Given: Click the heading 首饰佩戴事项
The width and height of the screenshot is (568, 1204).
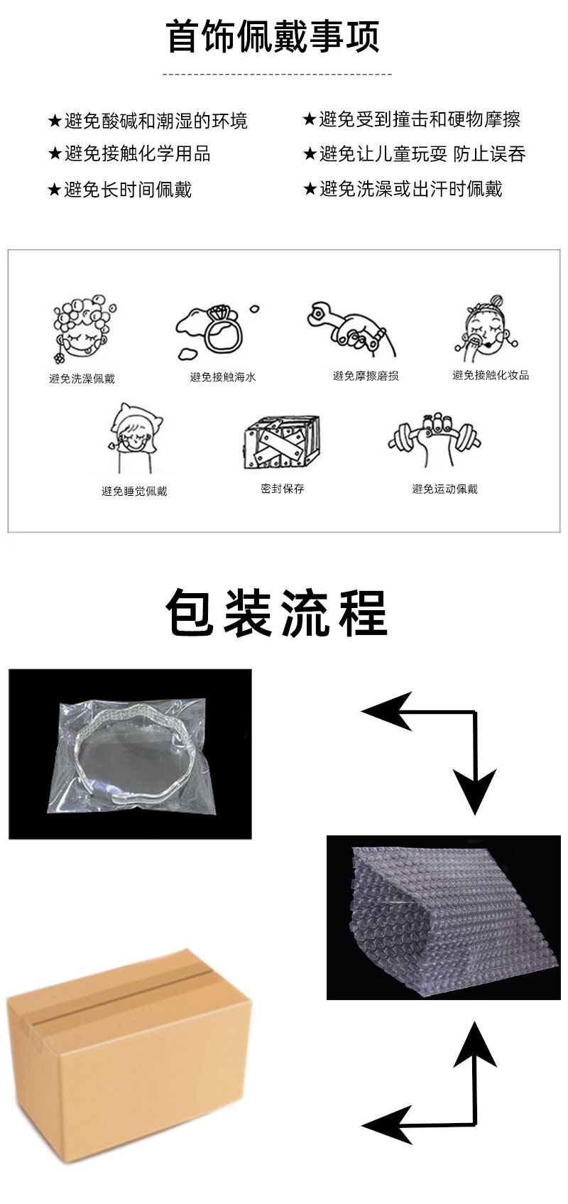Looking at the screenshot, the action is [273, 37].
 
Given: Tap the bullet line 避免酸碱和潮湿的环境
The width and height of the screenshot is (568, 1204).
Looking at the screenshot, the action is [148, 121].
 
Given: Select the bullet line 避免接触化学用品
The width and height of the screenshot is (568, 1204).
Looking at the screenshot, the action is [129, 154].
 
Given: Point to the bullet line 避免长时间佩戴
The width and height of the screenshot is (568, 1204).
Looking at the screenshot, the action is [119, 189].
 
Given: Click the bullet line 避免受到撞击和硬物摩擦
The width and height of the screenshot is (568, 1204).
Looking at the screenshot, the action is [412, 119].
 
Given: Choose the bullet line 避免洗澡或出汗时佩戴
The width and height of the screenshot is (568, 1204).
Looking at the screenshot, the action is [403, 189].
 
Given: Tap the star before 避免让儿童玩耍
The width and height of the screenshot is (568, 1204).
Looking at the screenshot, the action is [310, 154].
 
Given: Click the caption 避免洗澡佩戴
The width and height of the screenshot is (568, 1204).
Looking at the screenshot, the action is [82, 379].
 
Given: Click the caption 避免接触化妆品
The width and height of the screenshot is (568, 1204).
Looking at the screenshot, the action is [491, 375].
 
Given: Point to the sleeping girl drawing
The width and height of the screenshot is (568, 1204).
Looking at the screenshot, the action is [135, 438].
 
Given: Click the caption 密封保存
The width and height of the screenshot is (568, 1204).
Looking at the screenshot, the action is [283, 489].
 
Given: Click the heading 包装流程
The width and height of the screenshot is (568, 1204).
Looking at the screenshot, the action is [276, 613].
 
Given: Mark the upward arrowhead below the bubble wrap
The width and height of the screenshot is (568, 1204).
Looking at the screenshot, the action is [475, 1044].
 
